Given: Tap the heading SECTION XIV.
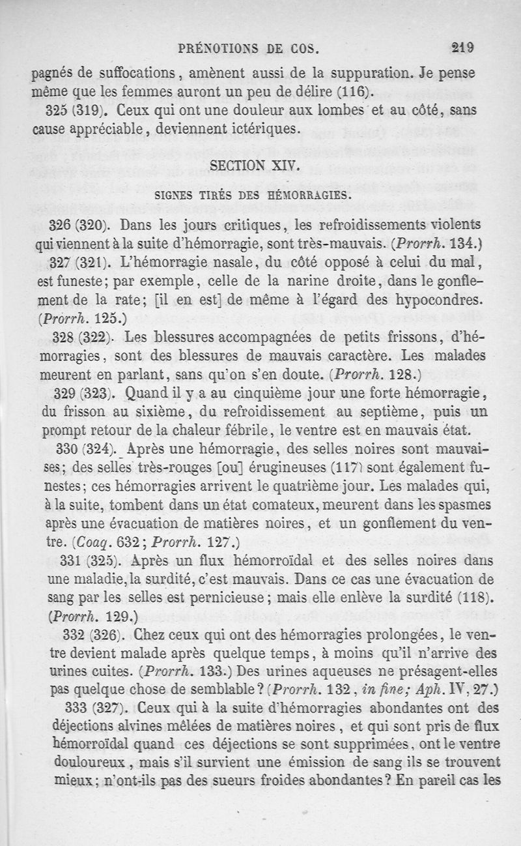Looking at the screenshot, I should (x=255, y=166).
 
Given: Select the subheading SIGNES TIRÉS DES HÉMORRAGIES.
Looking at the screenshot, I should (x=253, y=195).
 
